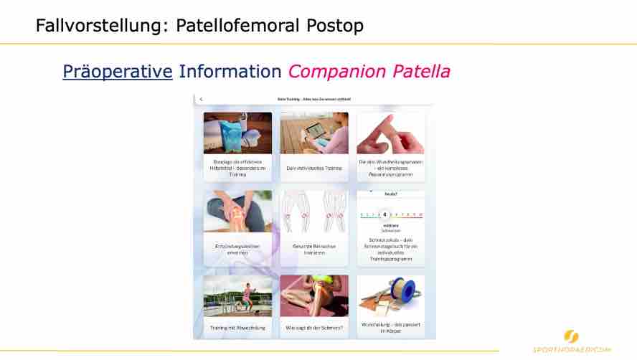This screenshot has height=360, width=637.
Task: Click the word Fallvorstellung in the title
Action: [90, 26]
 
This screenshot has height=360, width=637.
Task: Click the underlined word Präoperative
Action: [118, 72]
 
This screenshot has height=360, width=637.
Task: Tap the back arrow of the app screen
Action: [201, 99]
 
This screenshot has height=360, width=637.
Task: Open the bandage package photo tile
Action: [237, 133]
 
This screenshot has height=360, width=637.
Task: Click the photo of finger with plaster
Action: [391, 133]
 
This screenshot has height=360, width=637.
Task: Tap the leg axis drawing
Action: [314, 212]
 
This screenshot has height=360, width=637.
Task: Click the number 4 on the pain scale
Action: [385, 214]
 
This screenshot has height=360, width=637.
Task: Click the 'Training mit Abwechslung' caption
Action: [237, 327]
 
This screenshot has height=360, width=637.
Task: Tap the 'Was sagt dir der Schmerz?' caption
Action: [314, 327]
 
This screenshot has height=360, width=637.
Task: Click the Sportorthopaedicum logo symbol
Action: [572, 336]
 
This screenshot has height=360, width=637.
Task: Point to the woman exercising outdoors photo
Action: [237, 295]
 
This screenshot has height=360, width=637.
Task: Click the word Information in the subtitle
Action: [230, 72]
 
